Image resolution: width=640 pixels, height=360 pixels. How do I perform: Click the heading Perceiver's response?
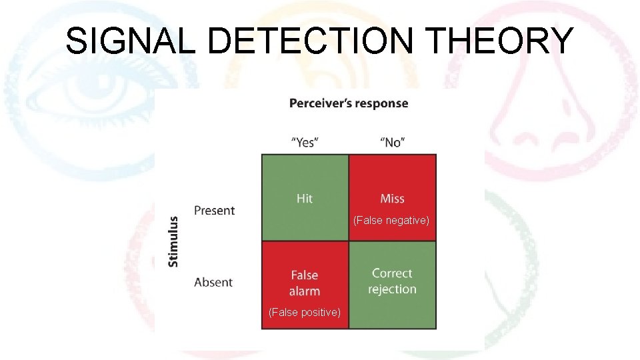click(349, 103)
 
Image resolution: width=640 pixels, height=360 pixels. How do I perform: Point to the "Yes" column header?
click(305, 142)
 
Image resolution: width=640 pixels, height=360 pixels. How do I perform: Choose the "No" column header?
click(393, 142)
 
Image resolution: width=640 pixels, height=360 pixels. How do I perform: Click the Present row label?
click(214, 211)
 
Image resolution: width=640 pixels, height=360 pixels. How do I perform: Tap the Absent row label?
click(213, 283)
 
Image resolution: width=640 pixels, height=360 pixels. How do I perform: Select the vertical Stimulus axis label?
click(173, 241)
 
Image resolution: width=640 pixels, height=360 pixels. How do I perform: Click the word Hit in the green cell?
click(305, 198)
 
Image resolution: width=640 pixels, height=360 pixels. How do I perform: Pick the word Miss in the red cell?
click(392, 198)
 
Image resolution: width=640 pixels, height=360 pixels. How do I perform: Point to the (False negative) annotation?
click(391, 220)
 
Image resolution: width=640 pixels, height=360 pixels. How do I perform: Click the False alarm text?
click(305, 283)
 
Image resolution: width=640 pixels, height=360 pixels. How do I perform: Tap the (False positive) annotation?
click(305, 312)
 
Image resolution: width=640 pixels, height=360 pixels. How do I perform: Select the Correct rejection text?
click(392, 281)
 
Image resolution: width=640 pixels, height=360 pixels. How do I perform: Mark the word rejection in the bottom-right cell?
click(392, 289)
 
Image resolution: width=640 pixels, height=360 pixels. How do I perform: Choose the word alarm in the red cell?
click(305, 291)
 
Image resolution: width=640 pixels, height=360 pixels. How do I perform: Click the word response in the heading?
click(382, 103)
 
